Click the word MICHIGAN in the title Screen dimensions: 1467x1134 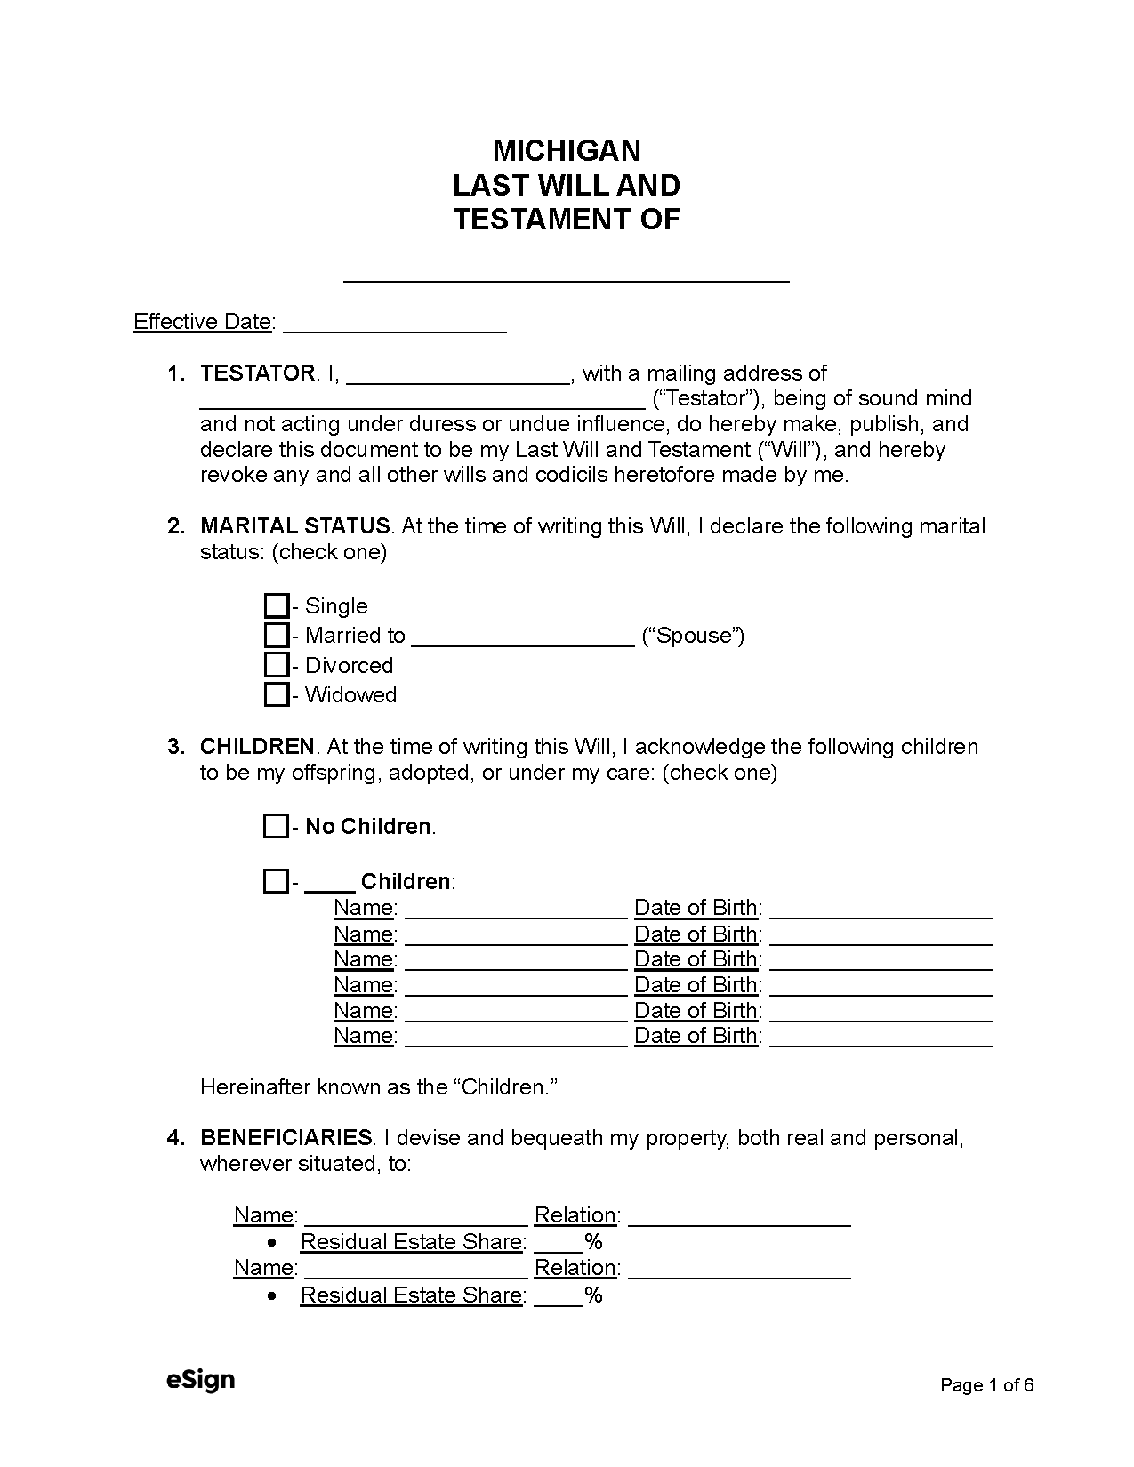pyautogui.click(x=567, y=150)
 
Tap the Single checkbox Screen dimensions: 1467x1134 pyautogui.click(x=277, y=606)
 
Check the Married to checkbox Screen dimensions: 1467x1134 pyautogui.click(x=277, y=636)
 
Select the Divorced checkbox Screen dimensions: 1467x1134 pyautogui.click(x=277, y=665)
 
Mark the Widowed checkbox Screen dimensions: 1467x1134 pyautogui.click(x=277, y=694)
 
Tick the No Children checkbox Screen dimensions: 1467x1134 pyautogui.click(x=276, y=826)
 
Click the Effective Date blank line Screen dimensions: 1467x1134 pyautogui.click(x=394, y=325)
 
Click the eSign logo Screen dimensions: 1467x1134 pyautogui.click(x=200, y=1380)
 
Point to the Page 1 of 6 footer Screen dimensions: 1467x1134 pyautogui.click(x=987, y=1385)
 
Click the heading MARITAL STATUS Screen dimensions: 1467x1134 pyautogui.click(x=294, y=526)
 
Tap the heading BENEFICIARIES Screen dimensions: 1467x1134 pyautogui.click(x=286, y=1138)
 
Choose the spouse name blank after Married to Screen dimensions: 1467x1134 pyautogui.click(x=523, y=640)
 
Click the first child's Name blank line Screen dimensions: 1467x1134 pyautogui.click(x=516, y=911)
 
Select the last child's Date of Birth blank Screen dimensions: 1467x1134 pyautogui.click(x=881, y=1039)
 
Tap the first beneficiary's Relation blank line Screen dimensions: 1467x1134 pyautogui.click(x=739, y=1219)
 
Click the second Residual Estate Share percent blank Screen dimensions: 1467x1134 pyautogui.click(x=558, y=1299)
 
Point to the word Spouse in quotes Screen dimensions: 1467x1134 pyautogui.click(x=693, y=636)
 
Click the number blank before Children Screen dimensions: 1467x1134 pyautogui.click(x=329, y=886)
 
